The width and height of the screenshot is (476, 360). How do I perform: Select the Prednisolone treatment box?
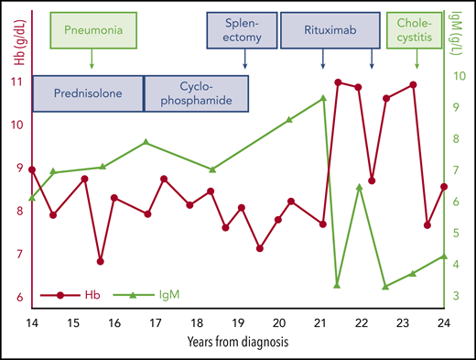click(x=89, y=93)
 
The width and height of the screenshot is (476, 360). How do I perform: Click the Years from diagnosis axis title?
click(x=237, y=344)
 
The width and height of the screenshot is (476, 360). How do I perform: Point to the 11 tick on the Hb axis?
click(x=18, y=82)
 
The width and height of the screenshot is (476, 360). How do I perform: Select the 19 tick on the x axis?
click(x=238, y=323)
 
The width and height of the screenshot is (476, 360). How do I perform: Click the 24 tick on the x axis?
click(x=444, y=323)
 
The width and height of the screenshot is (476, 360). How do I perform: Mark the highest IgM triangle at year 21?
click(x=323, y=98)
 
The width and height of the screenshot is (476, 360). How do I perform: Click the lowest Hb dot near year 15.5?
click(x=100, y=261)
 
